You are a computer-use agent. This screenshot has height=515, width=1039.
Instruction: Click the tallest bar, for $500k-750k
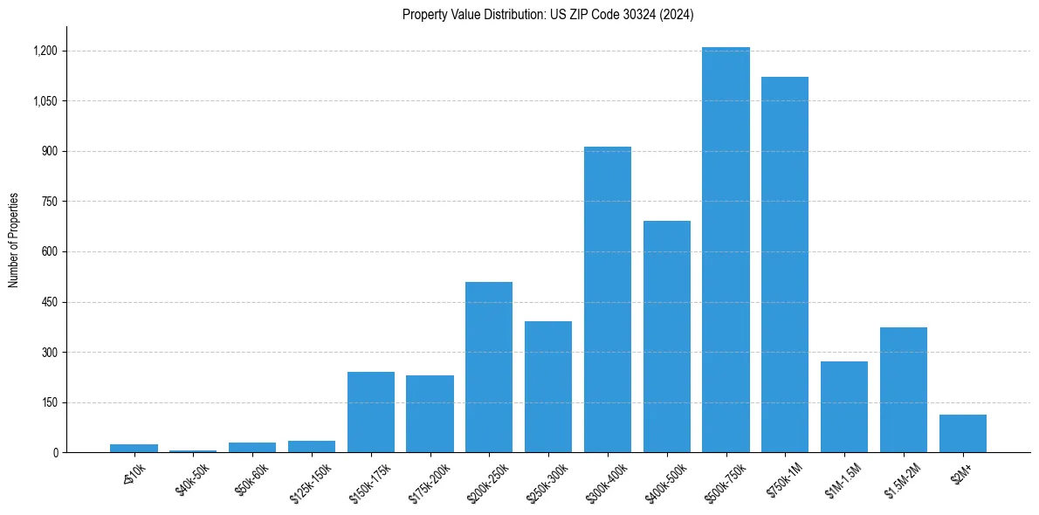(726, 250)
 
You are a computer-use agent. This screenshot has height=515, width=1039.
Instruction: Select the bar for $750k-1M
(785, 264)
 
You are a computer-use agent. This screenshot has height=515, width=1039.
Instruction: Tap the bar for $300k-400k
(608, 299)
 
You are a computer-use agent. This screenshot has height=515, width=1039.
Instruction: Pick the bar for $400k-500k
(667, 337)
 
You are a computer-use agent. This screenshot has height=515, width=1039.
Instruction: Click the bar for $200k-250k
(489, 367)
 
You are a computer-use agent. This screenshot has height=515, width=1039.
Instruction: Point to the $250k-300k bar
(548, 387)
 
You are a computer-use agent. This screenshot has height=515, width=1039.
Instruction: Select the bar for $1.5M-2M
(904, 390)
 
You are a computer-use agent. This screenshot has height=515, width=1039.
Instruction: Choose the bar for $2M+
(963, 434)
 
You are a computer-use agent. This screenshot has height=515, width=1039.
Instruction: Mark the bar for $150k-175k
(371, 412)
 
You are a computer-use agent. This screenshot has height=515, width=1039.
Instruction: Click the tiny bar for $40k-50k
(193, 451)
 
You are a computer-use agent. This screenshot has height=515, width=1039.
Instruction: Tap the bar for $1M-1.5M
(844, 407)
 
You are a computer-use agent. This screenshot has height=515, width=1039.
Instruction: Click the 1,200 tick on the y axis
(45, 51)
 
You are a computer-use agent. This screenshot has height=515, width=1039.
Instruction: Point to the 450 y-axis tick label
(49, 302)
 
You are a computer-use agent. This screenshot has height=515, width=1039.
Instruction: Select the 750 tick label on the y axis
(49, 202)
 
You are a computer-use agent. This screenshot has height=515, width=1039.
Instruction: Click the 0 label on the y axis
(55, 453)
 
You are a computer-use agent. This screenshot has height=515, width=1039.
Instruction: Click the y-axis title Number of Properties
(13, 240)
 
